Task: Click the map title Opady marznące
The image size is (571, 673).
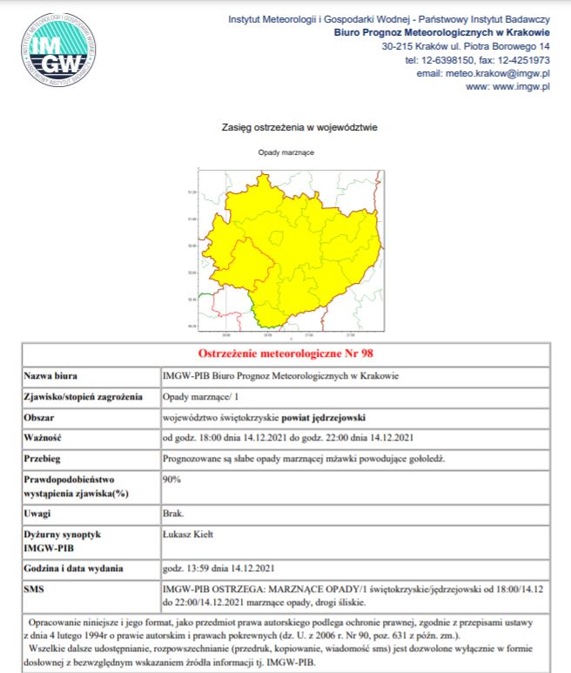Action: (x=285, y=152)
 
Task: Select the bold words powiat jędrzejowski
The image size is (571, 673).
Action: (x=311, y=416)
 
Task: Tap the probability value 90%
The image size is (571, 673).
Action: (x=171, y=479)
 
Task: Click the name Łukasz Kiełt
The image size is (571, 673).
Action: (x=191, y=533)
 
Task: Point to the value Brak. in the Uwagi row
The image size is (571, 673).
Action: (x=173, y=515)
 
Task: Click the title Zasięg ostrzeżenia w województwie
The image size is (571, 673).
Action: (x=299, y=127)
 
